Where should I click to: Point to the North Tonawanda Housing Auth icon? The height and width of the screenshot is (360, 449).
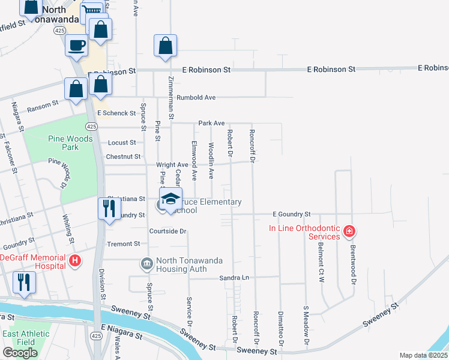(146, 264)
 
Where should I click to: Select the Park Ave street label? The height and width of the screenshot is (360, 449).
(211, 123)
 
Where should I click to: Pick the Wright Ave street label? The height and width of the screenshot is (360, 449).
(172, 164)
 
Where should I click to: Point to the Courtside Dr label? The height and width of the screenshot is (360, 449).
(168, 231)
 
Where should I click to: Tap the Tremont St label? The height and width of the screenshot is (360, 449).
(123, 244)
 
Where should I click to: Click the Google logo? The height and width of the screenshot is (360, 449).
(20, 353)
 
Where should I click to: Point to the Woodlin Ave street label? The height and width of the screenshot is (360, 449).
(211, 161)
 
